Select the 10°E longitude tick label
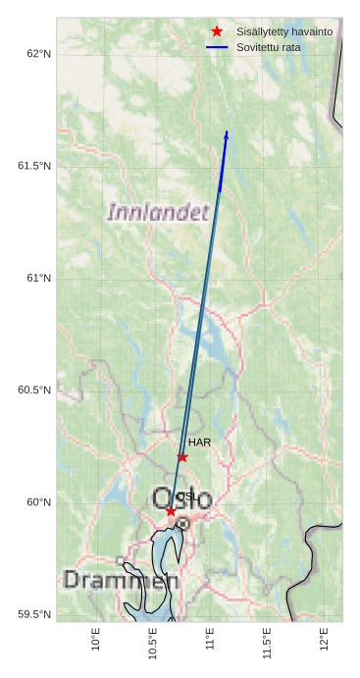pyautogui.click(x=95, y=639)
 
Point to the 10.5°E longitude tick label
pyautogui.click(x=153, y=644)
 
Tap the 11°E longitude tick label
pyautogui.click(x=210, y=639)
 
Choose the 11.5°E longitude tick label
pyautogui.click(x=268, y=644)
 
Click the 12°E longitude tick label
pyautogui.click(x=325, y=639)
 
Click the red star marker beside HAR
pyautogui.click(x=182, y=457)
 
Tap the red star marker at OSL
pyautogui.click(x=171, y=511)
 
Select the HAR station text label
pyautogui.click(x=199, y=443)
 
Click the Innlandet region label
pyautogui.click(x=158, y=212)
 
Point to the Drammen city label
pyautogui.click(x=121, y=580)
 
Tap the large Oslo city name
pyautogui.click(x=182, y=499)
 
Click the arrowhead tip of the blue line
pyautogui.click(x=227, y=131)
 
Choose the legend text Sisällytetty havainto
pyautogui.click(x=284, y=31)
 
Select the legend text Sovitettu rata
pyautogui.click(x=269, y=47)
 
